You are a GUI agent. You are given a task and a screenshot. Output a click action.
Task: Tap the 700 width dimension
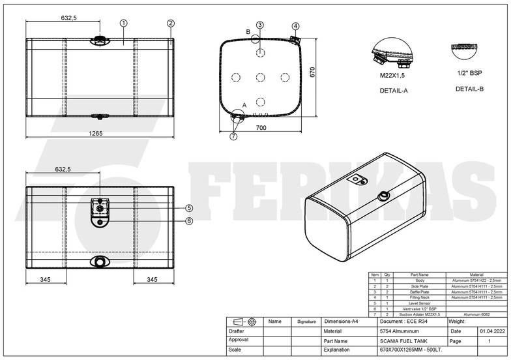coord(260,128)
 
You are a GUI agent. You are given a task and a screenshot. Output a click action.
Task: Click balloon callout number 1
coord(123,23)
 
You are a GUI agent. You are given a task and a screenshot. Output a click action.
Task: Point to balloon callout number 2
coord(170,23)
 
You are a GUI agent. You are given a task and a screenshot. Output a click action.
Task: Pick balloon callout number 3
coord(259,25)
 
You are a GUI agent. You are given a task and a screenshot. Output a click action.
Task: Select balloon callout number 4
coord(295,26)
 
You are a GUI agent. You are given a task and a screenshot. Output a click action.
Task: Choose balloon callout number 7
coord(234,136)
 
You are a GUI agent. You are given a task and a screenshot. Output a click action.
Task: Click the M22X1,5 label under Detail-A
coord(393,76)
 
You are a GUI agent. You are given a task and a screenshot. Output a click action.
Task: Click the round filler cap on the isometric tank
coord(383,196)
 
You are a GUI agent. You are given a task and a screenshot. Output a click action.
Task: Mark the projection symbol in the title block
coord(244,322)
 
